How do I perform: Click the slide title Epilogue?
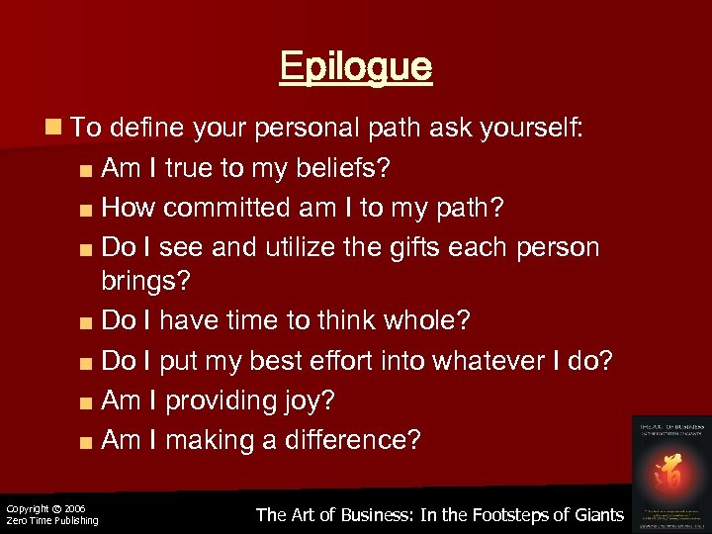[356, 67]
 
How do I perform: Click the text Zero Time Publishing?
[52, 521]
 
